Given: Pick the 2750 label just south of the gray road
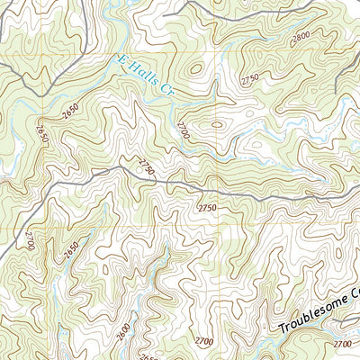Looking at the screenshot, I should [x=208, y=208].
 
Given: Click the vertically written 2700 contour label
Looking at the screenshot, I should [x=29, y=240].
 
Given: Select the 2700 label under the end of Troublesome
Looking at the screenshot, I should [x=342, y=344].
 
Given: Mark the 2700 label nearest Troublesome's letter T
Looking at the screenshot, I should [x=203, y=341].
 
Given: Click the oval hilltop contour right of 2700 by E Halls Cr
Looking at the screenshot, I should [x=216, y=127].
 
